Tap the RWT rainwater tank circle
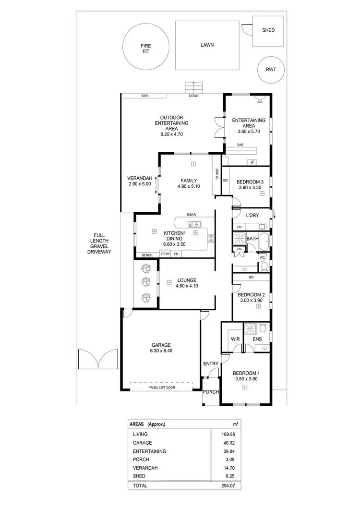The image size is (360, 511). (271, 69)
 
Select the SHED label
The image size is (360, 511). (268, 30)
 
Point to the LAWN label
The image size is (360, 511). (207, 45)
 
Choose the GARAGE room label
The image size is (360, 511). (160, 345)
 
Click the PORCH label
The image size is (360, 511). (211, 392)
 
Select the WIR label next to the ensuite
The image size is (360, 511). (235, 339)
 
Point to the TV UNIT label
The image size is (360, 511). (216, 175)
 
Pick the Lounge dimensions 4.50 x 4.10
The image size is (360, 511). (187, 286)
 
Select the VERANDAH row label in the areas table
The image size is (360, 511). (144, 468)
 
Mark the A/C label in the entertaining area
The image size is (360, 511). (260, 102)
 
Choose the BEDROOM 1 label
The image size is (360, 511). (246, 373)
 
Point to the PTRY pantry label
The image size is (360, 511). (166, 254)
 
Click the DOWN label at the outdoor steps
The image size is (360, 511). (193, 96)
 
